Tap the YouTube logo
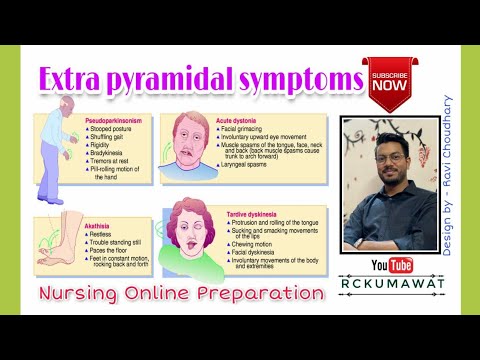pyautogui.click(x=393, y=265)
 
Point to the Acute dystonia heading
pyautogui.click(x=239, y=120)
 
